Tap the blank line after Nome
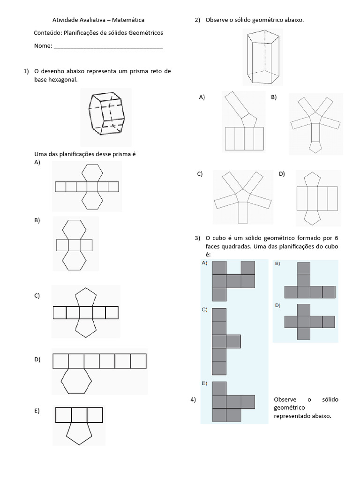(x=108, y=47)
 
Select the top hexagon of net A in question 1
(x=92, y=172)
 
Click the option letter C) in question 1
(x=37, y=296)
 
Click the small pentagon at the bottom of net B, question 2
(x=316, y=147)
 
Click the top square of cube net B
(x=303, y=268)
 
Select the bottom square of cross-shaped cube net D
(x=303, y=333)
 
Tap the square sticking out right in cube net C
(x=233, y=341)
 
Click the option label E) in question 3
(x=204, y=383)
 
